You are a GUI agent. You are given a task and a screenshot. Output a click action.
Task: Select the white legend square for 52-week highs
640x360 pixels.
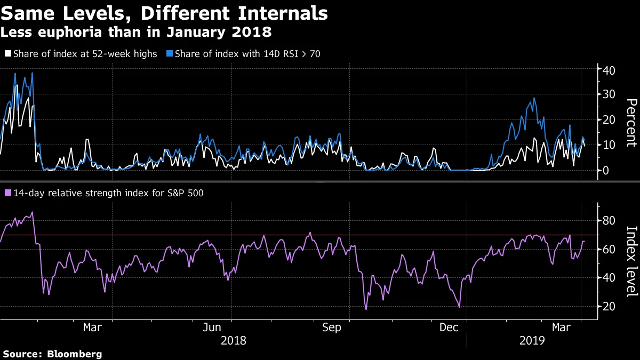tap(8, 54)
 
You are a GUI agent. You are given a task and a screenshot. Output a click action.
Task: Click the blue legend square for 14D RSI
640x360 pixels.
tap(170, 54)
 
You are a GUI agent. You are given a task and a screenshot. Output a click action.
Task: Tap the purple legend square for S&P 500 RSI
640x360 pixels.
tap(8, 193)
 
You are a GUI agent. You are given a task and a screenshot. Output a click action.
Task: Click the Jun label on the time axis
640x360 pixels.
tap(212, 327)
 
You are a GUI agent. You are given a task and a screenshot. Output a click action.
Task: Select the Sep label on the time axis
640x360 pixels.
tap(332, 327)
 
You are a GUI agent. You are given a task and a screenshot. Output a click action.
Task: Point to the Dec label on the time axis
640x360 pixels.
tap(449, 327)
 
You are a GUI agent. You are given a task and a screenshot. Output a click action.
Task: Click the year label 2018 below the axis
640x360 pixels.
tap(234, 340)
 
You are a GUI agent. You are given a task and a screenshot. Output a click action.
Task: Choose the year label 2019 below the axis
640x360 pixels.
tap(532, 340)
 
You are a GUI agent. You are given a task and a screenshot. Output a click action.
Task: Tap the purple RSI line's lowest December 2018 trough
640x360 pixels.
tap(459, 307)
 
